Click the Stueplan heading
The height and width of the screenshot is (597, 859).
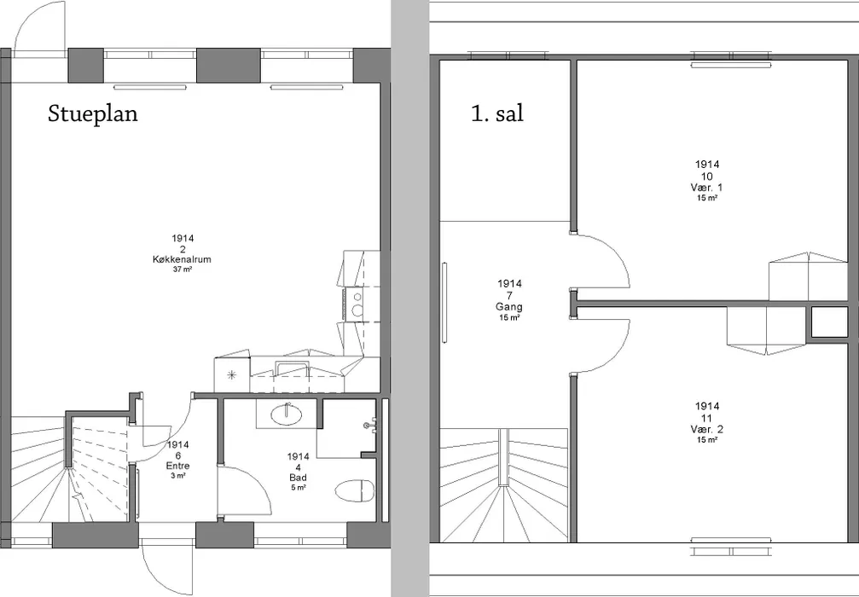click(93, 114)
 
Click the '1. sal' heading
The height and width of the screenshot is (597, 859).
click(496, 113)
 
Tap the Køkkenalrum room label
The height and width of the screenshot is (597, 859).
click(182, 259)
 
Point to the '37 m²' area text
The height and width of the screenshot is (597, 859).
click(183, 269)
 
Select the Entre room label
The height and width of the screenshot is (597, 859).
click(178, 466)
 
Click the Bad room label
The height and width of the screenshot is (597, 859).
click(298, 478)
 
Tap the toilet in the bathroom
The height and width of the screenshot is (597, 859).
click(355, 490)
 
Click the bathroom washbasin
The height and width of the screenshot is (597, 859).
click(286, 414)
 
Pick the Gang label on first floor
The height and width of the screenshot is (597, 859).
click(509, 307)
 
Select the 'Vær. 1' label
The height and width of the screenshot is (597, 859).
click(706, 188)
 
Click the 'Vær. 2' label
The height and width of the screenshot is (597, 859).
click(706, 429)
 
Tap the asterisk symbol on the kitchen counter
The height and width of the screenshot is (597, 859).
click(232, 375)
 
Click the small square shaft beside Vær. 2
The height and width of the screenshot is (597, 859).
click(829, 322)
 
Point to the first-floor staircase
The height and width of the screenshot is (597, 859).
click(504, 484)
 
